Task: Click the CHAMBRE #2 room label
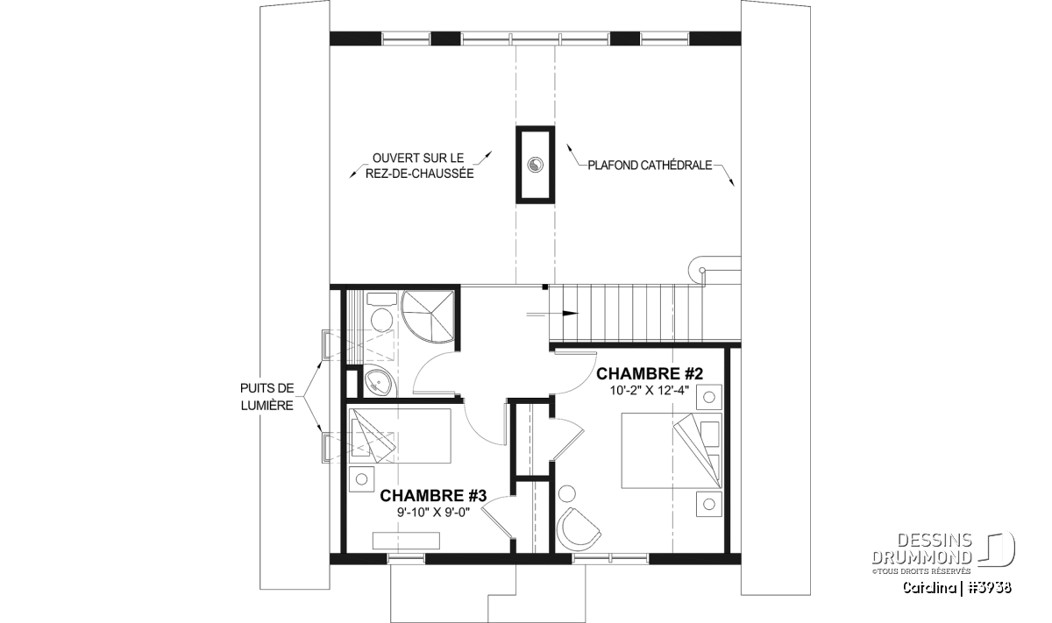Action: pos(650,373)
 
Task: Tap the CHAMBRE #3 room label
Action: pos(433,495)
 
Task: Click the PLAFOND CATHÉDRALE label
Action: pos(650,166)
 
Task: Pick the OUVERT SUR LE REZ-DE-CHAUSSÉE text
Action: pos(420,166)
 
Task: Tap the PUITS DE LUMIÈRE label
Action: pos(267,397)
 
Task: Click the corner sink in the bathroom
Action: pos(380,383)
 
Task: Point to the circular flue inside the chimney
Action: pos(536,165)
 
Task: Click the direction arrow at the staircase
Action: pos(552,314)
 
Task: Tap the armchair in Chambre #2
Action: pos(578,529)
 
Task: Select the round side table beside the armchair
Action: pos(567,494)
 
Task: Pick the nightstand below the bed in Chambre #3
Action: pos(361,479)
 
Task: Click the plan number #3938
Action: pos(986,588)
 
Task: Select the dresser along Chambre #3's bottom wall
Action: pos(406,541)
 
